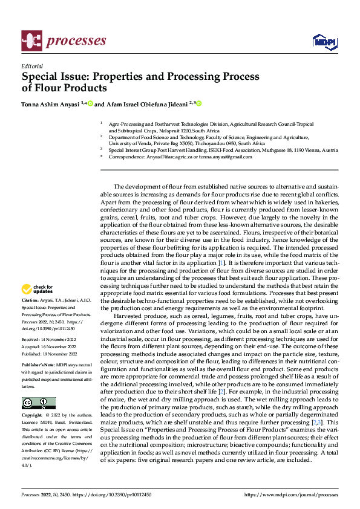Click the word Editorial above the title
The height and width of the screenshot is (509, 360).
click(31, 66)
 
